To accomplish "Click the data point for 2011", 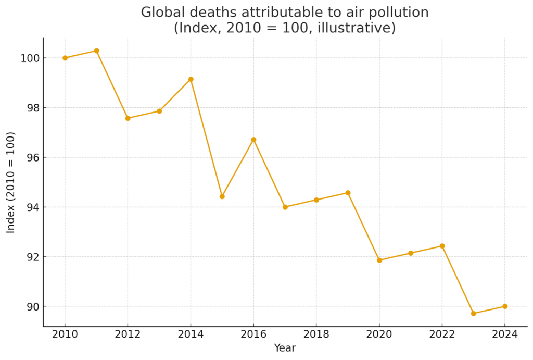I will coord(96,51).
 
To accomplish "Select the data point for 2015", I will coord(222,196).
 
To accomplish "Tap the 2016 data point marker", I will coord(253,140).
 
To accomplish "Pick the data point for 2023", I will coord(473,314).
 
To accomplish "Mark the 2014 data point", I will coord(191,79).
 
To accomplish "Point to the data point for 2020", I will coord(379,260).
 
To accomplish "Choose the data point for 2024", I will coord(505,306).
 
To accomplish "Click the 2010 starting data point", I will coord(65,58).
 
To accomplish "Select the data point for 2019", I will coord(348,193).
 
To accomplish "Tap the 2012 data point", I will coord(128,118).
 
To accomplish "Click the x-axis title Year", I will coord(285,349).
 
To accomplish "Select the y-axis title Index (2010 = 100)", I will coord(11,182).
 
